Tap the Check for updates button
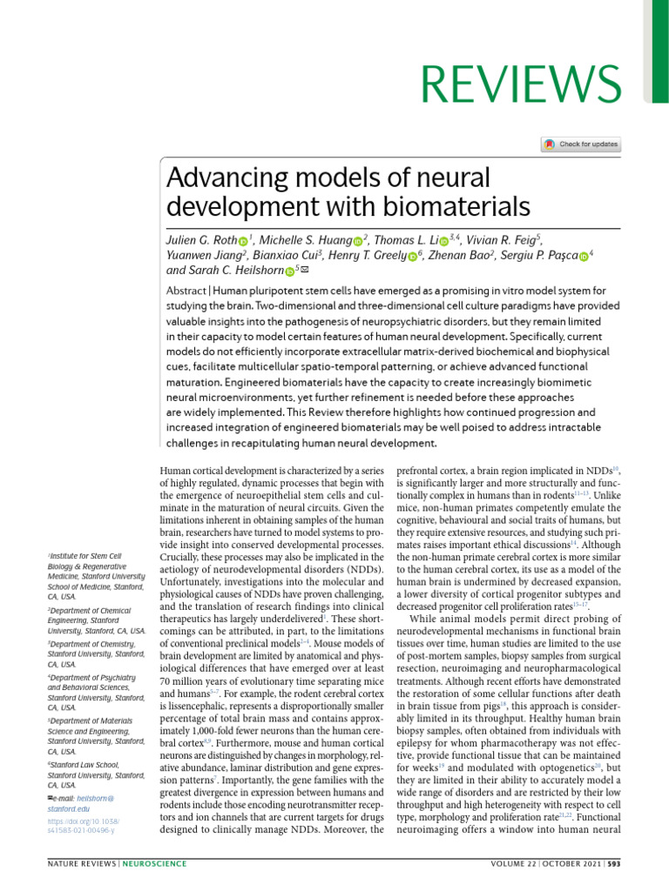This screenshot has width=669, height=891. tap(581, 144)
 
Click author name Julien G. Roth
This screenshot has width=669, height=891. tap(199, 239)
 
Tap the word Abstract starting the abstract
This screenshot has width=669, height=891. tap(185, 290)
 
